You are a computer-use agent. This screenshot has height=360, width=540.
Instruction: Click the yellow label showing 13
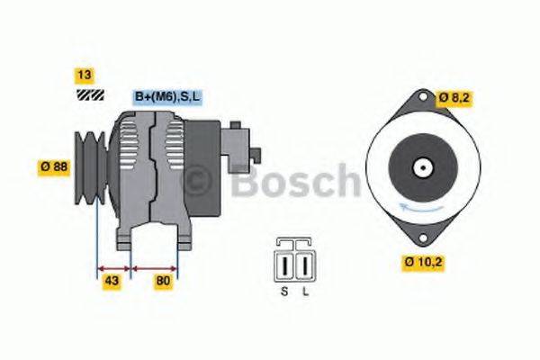pos(85,75)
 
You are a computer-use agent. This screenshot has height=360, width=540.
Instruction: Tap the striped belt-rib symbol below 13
pos(89,93)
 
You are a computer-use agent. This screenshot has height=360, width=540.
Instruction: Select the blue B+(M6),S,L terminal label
pos(167,96)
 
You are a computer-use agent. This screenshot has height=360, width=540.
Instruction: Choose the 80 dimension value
pos(163,282)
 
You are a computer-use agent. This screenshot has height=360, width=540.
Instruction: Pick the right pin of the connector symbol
pos(305,268)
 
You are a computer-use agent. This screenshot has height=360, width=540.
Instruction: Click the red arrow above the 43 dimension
pos(114,268)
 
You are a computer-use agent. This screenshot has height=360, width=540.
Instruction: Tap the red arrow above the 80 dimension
pos(155,268)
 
